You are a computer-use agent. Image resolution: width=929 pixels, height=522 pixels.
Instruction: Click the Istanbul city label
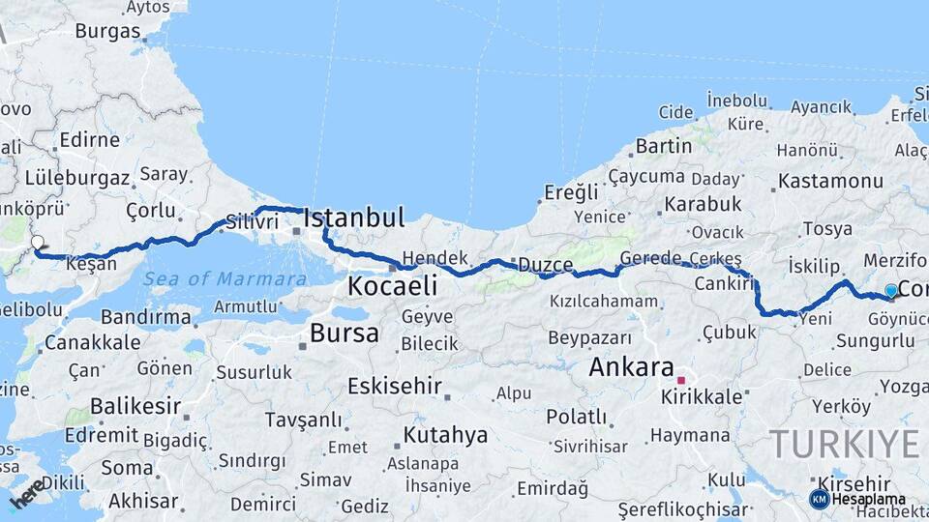coord(353,217)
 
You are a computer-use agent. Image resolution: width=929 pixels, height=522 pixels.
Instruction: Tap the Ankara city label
coord(631,367)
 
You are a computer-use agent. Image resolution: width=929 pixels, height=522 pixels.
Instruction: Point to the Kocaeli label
coord(392,286)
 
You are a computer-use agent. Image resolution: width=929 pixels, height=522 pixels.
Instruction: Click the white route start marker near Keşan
coord(38,243)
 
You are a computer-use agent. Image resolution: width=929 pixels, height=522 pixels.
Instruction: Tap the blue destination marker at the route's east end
coord(891,290)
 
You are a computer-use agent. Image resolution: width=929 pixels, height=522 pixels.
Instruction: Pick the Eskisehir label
coord(395,386)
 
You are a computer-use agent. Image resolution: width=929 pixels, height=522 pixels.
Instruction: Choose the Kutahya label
coord(445,434)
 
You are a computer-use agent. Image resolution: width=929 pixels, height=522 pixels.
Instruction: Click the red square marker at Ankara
coord(681,380)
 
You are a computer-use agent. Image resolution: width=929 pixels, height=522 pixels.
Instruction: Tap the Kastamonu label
coord(830,181)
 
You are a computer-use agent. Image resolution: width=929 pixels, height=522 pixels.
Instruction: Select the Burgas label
coord(107,31)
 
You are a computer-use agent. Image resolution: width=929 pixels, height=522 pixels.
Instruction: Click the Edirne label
coord(89,140)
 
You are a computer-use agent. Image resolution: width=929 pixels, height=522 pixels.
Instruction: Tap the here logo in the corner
coord(27,493)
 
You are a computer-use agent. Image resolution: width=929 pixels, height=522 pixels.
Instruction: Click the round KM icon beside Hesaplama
coord(819,499)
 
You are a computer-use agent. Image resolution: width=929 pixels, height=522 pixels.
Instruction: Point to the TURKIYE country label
coord(844,444)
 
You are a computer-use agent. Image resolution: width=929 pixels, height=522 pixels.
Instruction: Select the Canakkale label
coord(78,342)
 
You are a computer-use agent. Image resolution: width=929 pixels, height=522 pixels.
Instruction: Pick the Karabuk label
coord(702,204)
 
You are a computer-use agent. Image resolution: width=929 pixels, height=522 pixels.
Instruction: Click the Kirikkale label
coord(702,396)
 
